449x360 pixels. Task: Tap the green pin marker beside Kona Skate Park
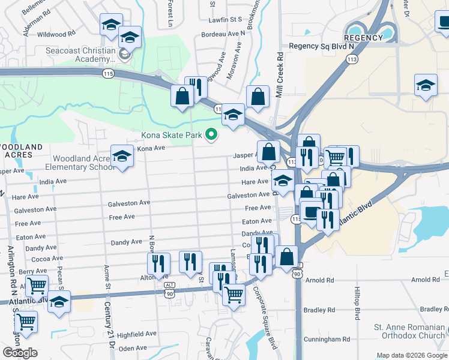(211, 135)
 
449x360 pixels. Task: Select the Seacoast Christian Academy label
(80, 55)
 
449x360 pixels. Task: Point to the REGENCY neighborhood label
(364, 38)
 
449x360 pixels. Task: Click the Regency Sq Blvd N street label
(321, 46)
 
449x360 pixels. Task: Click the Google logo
(20, 353)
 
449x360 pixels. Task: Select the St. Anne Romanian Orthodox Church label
(411, 331)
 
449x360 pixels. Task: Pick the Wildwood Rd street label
(56, 35)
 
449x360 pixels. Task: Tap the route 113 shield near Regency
(352, 59)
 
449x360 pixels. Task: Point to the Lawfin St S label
(224, 20)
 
